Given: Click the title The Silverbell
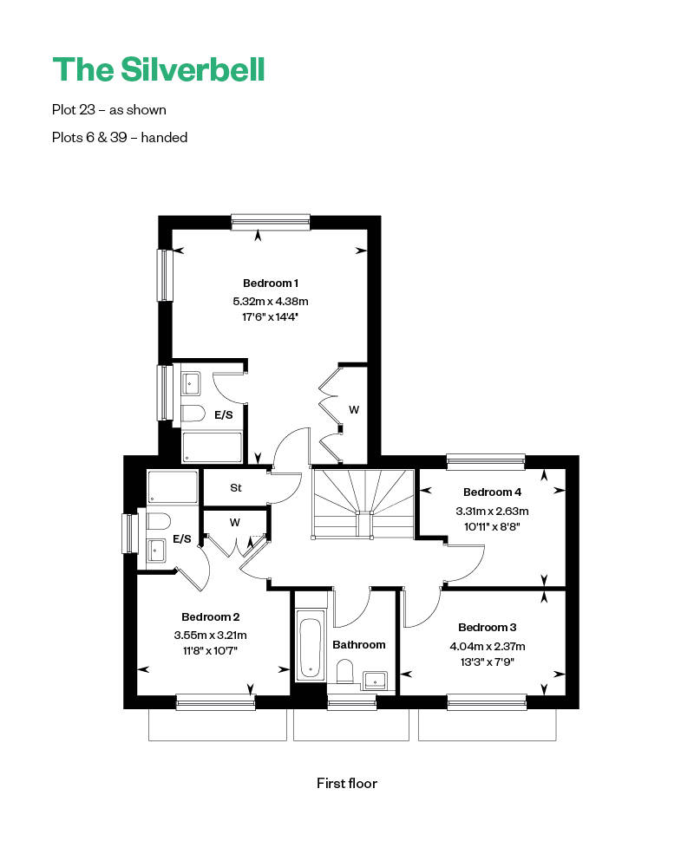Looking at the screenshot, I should click(158, 68).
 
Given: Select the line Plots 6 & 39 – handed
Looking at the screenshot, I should click(120, 137).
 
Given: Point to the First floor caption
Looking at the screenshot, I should click(347, 783).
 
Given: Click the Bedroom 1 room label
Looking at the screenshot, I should click(271, 284).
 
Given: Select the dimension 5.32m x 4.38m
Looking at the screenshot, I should click(271, 301).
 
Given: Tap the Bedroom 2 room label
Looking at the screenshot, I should click(211, 617).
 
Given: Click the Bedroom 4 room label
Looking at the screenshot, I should click(493, 492).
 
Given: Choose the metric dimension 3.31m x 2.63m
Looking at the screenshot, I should click(493, 510).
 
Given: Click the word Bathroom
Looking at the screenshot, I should click(359, 644).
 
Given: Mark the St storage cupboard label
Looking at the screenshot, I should click(235, 488).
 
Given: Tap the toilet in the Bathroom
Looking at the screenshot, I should click(344, 673).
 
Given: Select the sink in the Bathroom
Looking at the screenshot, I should click(375, 679).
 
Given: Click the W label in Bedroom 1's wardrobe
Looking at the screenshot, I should click(354, 409).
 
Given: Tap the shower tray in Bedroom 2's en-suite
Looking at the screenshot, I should click(173, 487).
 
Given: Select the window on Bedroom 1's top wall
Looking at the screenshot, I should click(271, 223).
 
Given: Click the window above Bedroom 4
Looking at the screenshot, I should click(486, 461).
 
